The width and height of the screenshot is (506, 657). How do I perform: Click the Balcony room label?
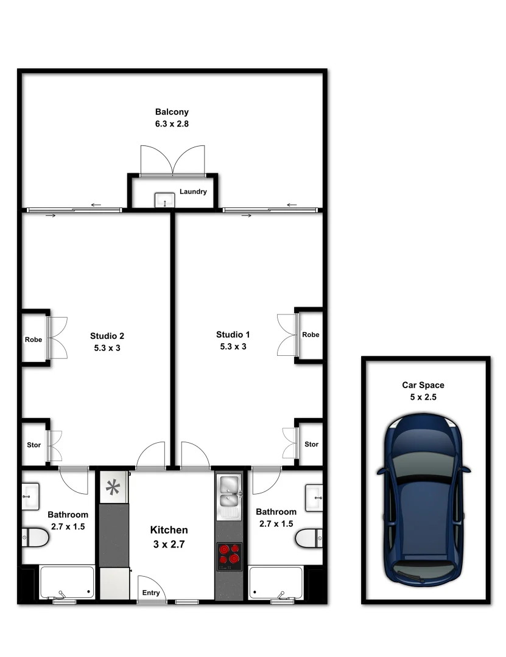pyautogui.click(x=172, y=112)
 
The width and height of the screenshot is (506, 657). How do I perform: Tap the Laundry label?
pyautogui.click(x=193, y=192)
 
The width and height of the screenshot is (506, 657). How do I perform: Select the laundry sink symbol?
pyautogui.click(x=164, y=200)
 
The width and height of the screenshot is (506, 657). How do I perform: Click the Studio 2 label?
pyautogui.click(x=107, y=336)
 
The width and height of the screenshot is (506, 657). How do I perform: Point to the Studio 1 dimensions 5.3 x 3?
pyautogui.click(x=233, y=347)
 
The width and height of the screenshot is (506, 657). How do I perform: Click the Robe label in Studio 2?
pyautogui.click(x=33, y=339)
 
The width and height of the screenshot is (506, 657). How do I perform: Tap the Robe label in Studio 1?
pyautogui.click(x=311, y=335)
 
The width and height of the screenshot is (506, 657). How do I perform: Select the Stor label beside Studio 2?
pyautogui.click(x=34, y=445)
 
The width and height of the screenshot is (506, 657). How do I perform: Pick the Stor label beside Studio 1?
pyautogui.click(x=311, y=445)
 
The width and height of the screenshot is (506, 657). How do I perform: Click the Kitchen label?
pyautogui.click(x=169, y=530)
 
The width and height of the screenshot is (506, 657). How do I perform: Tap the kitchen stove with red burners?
pyautogui.click(x=229, y=556)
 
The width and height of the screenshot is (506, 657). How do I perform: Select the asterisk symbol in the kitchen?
pyautogui.click(x=113, y=487)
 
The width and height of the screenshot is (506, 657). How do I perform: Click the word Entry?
pyautogui.click(x=151, y=593)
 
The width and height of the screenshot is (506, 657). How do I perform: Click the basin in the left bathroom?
pyautogui.click(x=30, y=495)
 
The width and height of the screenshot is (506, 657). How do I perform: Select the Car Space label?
pyautogui.click(x=423, y=385)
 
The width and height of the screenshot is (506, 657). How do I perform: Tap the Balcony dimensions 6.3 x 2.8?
pyautogui.click(x=172, y=123)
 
